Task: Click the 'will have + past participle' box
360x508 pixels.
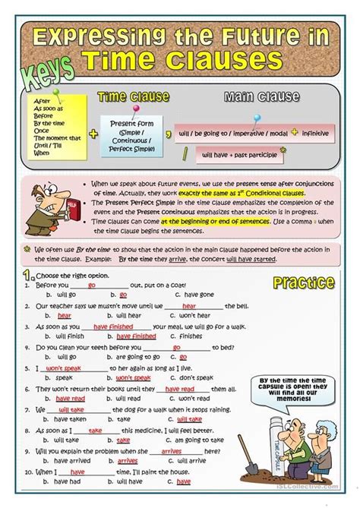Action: click(235, 156)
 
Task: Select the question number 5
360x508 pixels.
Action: click(27, 368)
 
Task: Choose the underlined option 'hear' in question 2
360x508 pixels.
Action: click(65, 315)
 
